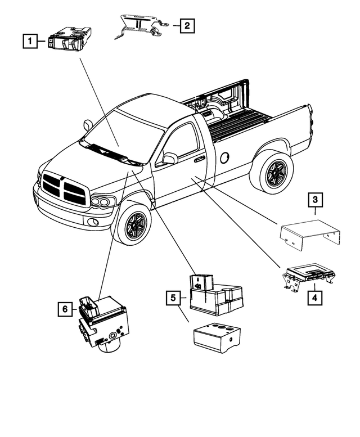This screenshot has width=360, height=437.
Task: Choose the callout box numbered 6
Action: pos(65,309)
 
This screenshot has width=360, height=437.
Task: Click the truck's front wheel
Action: pos(133,224)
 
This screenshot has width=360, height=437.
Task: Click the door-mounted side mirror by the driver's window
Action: pos(168,159)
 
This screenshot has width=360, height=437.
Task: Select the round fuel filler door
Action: pos(225,157)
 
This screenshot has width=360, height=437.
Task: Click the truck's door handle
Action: pos(199,160)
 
